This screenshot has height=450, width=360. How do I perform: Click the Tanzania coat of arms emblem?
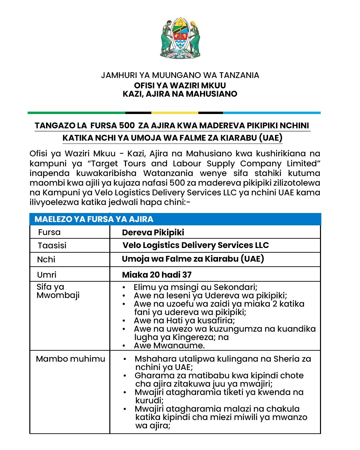click(180, 38)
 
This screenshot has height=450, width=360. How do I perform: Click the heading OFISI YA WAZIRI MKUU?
click(180, 85)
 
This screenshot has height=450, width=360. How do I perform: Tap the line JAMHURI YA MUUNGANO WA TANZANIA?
click(180, 75)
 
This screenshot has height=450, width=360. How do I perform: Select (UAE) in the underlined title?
click(271, 138)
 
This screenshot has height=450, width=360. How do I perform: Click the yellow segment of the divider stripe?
click(175, 113)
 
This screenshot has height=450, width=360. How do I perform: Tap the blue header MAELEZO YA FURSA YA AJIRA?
click(94, 219)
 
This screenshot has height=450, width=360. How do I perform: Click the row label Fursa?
click(49, 232)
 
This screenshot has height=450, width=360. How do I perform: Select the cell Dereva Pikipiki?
click(153, 233)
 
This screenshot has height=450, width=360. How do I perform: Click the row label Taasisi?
click(52, 246)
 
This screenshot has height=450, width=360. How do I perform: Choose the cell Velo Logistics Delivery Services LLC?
click(195, 245)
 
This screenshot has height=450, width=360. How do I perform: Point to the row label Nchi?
click(46, 260)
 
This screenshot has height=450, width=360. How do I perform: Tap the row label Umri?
click(47, 275)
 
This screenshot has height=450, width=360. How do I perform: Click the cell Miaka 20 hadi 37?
click(157, 275)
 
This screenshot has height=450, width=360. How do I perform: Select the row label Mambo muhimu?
click(70, 359)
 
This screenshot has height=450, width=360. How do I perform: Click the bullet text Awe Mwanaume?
click(169, 346)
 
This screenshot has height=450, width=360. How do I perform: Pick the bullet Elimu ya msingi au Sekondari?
click(195, 287)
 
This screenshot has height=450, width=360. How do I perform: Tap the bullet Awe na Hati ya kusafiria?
click(184, 321)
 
